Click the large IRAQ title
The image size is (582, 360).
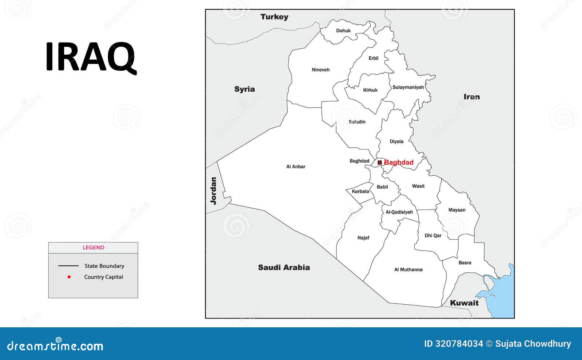point(91,57)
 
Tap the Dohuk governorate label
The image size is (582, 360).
point(343,31)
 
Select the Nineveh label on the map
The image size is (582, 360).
point(320,70)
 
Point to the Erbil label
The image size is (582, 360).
point(374,58)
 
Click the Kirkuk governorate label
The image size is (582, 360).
point(370,90)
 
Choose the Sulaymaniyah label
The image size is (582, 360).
point(408,87)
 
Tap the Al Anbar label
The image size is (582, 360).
point(296,167)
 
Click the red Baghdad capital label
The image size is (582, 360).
point(399,163)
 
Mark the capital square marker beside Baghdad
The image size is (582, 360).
point(380,163)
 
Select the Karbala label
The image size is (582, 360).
point(360,192)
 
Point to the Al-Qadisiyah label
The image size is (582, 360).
point(399,212)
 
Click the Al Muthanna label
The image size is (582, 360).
point(408,270)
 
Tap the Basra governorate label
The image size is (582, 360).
point(465,263)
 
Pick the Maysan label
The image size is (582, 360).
point(457,210)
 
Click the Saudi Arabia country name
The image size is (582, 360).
point(284,268)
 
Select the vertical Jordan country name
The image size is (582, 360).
point(214,191)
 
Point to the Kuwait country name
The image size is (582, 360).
point(464,303)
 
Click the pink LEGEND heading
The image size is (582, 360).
point(93,248)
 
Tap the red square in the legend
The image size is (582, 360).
point(69,277)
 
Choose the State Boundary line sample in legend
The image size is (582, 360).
point(68,266)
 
